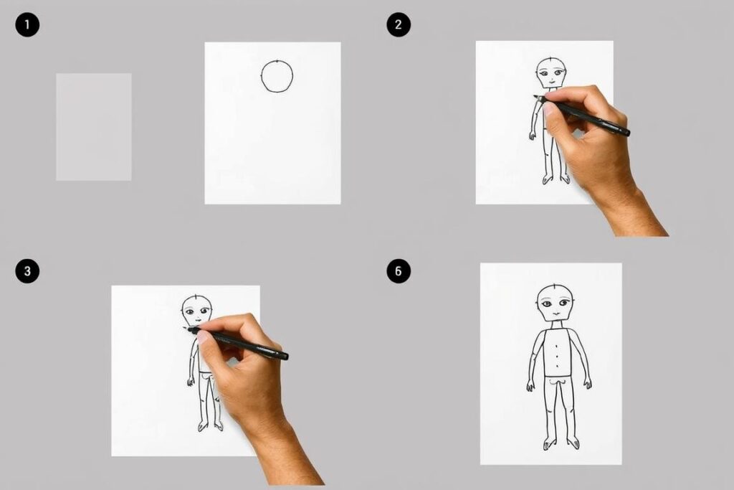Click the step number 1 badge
27,24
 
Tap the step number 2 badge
399,24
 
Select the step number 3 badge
27,270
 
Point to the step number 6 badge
399,270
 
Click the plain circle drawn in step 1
261,76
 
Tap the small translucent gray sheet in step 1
94,126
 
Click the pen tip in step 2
535,97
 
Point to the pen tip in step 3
186,329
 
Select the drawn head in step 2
551,73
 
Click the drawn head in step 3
196,310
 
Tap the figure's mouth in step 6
556,314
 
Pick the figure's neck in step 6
556,325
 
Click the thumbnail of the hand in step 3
202,336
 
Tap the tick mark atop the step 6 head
554,286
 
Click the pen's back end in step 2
626,133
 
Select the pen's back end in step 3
285,357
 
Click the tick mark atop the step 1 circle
277,61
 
